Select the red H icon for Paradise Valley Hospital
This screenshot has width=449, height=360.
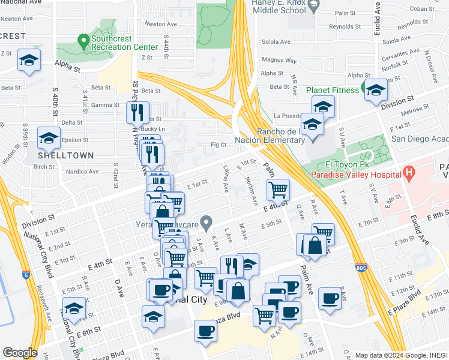[409, 174]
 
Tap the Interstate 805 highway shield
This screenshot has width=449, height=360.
[361, 268]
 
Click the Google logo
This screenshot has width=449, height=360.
[20, 353]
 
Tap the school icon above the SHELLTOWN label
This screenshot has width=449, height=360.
[49, 138]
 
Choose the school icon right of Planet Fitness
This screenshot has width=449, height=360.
[376, 90]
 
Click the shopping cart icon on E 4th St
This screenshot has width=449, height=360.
[278, 190]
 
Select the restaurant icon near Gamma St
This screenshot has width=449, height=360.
[139, 111]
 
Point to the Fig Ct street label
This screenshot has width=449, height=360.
[218, 145]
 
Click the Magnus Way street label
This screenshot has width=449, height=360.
[276, 60]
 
